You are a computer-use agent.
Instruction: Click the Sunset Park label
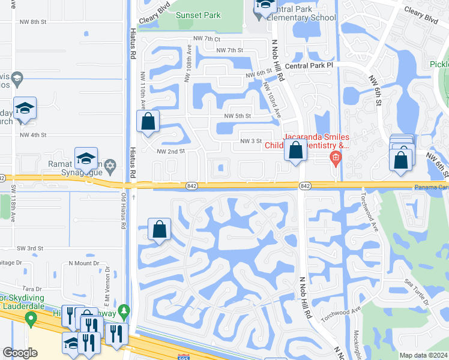coord(198,16)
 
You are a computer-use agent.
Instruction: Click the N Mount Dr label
coord(83,263)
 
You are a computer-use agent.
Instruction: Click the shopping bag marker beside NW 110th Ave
coord(148,122)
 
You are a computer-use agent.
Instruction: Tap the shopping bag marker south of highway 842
coord(159,229)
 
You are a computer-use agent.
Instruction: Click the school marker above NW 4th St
coord(25,109)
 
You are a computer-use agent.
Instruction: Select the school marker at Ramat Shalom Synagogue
coord(86,159)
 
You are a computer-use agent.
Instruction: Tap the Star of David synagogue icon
coord(110,165)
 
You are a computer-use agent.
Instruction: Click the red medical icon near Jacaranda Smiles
coord(335,158)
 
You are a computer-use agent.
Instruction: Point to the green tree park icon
coord(124,311)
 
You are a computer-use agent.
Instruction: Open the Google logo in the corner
coord(20,353)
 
